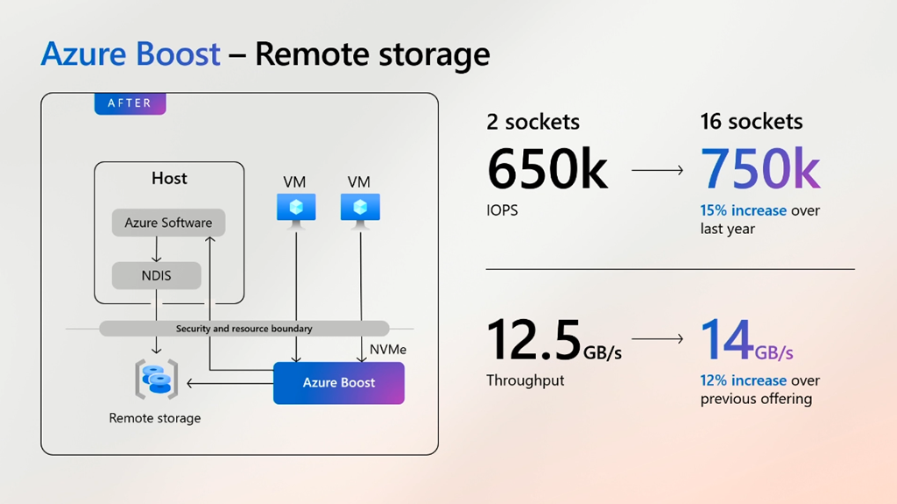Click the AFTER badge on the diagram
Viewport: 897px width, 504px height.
coord(130,103)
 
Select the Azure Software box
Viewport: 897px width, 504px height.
coord(168,223)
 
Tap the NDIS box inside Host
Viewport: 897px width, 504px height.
coord(157,275)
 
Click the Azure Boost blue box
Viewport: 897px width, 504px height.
coord(339,382)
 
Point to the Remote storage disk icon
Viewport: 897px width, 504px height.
coord(156,379)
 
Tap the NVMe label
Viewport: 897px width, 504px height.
coord(388,349)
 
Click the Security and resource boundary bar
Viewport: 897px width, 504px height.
coord(244,329)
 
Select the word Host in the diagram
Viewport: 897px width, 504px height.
coord(169,178)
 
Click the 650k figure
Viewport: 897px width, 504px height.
coord(547,169)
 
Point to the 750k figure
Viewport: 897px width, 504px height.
coord(760,169)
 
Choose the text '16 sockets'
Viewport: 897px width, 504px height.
coord(752,122)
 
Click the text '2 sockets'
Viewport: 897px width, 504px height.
coord(533,122)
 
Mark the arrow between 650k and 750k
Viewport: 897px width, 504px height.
coord(657,170)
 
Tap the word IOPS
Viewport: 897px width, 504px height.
coord(502,210)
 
